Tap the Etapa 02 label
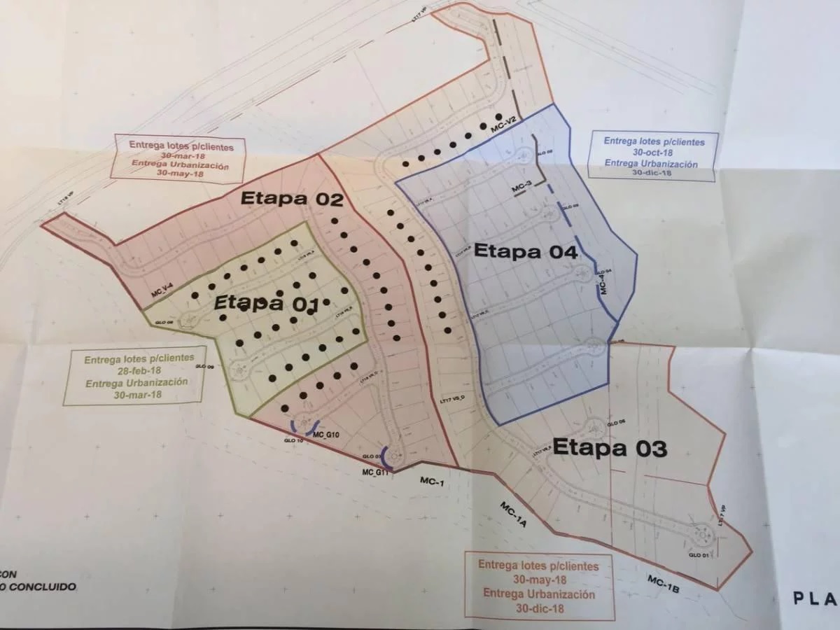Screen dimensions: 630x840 [x=291, y=199]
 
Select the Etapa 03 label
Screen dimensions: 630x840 [x=609, y=448]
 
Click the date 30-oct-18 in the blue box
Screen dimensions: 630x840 [x=652, y=153]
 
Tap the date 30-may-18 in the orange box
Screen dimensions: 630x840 [x=538, y=580]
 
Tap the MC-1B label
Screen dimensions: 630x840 [x=664, y=583]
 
